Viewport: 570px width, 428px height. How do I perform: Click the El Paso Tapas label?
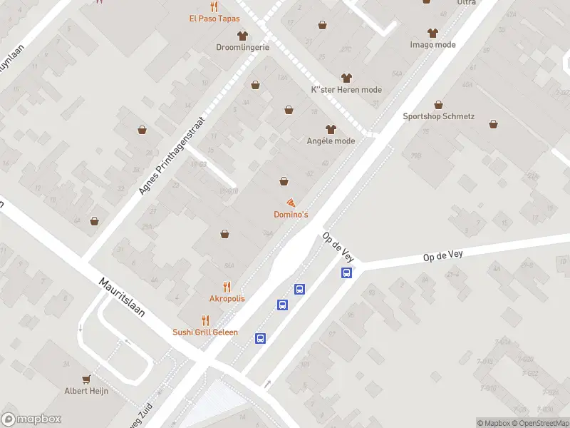214,19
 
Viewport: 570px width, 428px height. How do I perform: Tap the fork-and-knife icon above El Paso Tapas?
212,6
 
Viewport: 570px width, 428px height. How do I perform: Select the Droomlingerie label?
243,47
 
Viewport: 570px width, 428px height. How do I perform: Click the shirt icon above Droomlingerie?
242,35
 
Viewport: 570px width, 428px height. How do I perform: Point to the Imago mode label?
432,44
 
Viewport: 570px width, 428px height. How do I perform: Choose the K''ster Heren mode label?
347,90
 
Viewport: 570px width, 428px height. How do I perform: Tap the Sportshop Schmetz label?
438,116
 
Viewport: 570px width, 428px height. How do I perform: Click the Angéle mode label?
331,141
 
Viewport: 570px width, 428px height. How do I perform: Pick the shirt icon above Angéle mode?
330,129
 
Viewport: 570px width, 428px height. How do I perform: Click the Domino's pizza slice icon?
291,203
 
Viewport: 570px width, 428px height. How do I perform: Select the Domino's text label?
291,215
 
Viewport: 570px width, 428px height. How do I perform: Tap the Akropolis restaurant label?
227,298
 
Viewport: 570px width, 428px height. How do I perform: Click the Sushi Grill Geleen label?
205,332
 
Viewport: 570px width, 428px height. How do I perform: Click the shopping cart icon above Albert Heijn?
87,379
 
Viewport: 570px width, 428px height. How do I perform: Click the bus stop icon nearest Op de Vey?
347,272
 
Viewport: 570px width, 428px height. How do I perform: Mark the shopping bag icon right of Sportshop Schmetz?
493,123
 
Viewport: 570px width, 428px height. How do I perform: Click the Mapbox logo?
31,419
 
